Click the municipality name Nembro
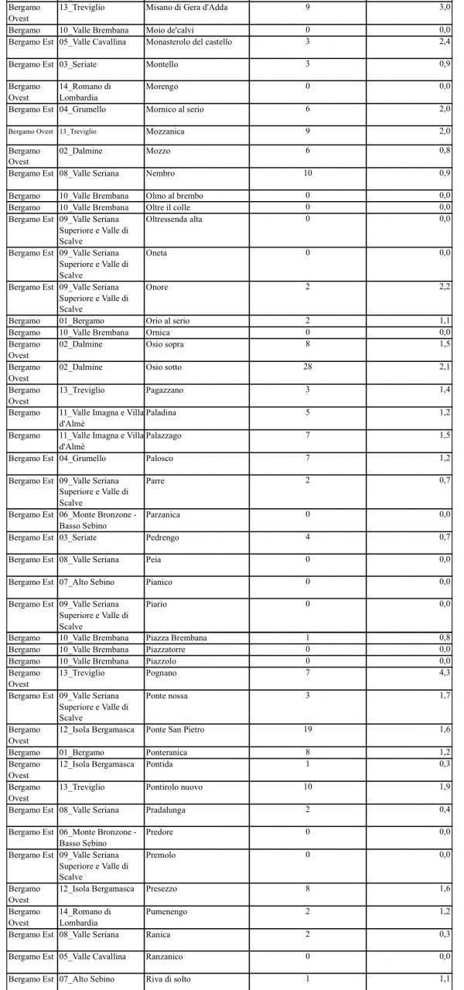tap(161, 173)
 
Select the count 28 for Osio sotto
tap(308, 367)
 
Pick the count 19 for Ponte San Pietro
tap(308, 729)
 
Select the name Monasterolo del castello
tap(188, 42)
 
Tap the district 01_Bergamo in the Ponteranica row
tap(81, 752)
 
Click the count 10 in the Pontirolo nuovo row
tap(308, 787)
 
